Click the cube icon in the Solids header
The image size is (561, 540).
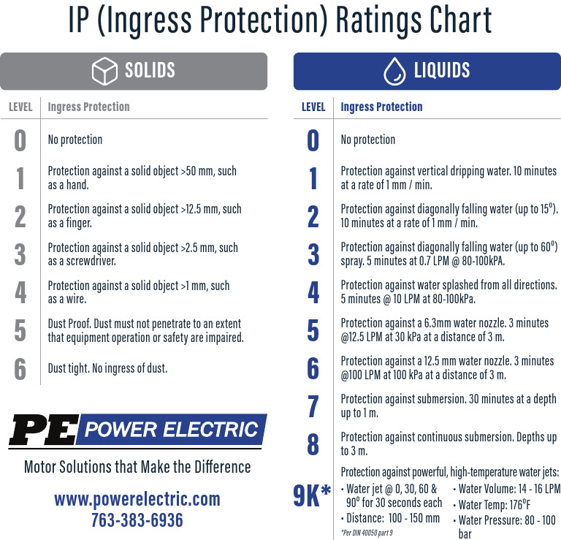click(104, 71)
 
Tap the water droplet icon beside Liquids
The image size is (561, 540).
click(394, 71)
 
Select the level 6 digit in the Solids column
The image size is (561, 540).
click(20, 368)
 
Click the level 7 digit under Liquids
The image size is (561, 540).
click(313, 406)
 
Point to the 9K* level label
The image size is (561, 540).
click(312, 496)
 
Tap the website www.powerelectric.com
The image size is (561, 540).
click(137, 499)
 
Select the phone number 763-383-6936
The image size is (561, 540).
click(137, 520)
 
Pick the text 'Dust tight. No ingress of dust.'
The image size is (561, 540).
click(107, 368)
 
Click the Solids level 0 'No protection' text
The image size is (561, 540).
click(75, 140)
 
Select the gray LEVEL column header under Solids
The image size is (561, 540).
click(20, 107)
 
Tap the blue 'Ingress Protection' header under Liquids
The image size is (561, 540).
click(381, 107)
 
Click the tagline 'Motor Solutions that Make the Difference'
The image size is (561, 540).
click(137, 466)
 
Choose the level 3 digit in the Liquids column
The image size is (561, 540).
click(313, 254)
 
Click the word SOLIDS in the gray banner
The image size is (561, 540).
click(150, 71)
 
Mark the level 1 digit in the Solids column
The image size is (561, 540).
click(20, 178)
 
